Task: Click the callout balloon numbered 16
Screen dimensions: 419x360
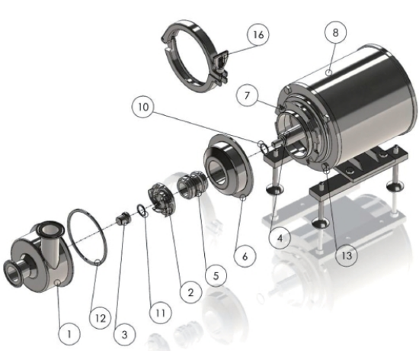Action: pos(258,35)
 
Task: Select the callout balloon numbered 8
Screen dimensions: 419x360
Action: pos(335,33)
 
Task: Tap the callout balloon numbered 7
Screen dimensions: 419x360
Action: pos(247,95)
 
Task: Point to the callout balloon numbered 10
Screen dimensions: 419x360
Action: pos(143,108)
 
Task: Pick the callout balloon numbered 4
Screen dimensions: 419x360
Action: pos(280,238)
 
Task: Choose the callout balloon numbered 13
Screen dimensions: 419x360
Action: pos(347,256)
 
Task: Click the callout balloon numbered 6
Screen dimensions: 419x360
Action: pos(245,256)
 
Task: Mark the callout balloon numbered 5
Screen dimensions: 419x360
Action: pos(216,276)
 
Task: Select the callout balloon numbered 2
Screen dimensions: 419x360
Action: pos(190,292)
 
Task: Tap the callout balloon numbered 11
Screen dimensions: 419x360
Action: pos(160,313)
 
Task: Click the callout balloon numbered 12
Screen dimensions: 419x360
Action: pos(101,318)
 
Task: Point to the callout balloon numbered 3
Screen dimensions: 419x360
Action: pos(124,334)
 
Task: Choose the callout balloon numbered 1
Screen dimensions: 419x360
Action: pos(69,334)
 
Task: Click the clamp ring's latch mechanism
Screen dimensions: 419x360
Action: pos(221,66)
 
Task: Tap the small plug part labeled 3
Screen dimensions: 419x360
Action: pos(123,218)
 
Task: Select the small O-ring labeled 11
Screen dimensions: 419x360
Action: pos(142,210)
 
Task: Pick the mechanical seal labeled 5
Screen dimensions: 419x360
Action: pos(191,184)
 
